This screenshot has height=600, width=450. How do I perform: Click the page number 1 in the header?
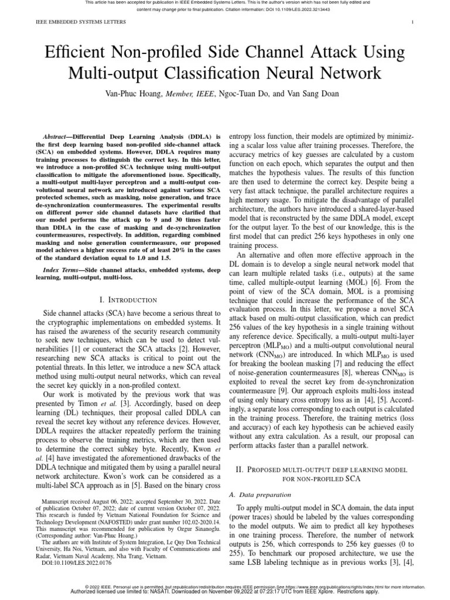coord(413,23)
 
